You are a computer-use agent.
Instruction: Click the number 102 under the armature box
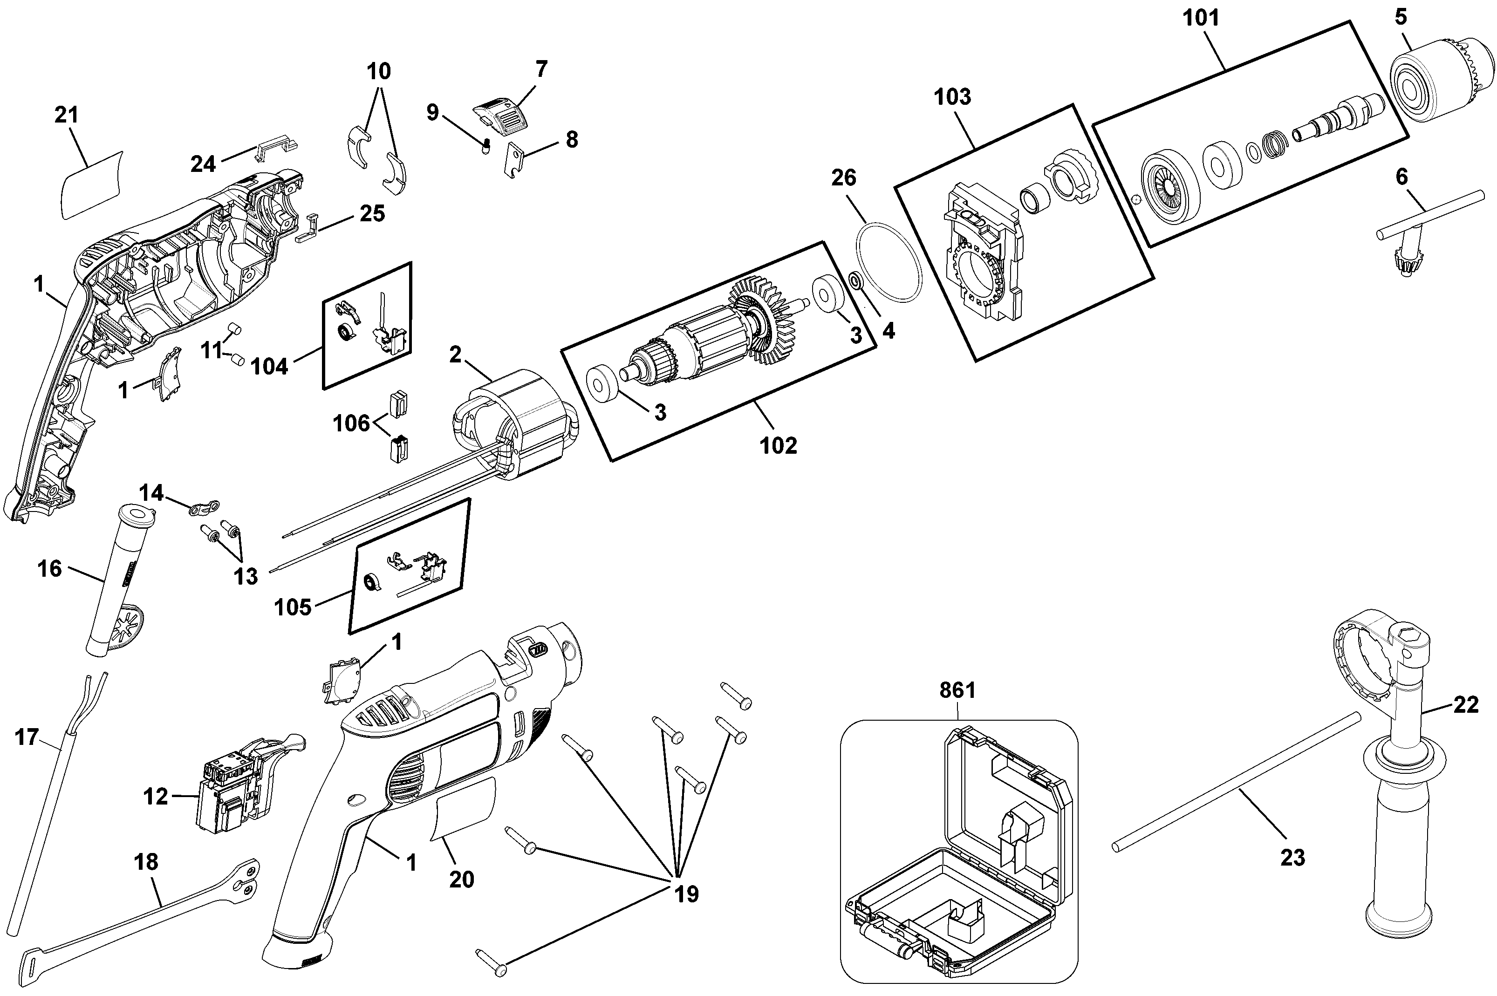[x=779, y=445]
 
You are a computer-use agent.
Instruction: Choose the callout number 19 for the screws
[x=686, y=894]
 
